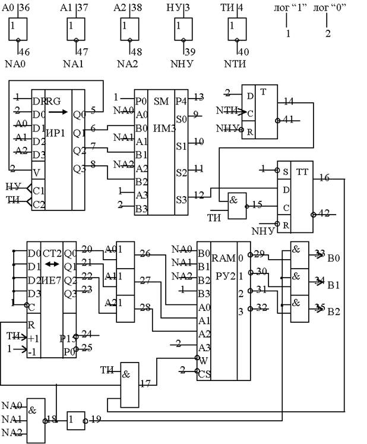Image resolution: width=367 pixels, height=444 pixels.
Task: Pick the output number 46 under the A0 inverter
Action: [x=25, y=52]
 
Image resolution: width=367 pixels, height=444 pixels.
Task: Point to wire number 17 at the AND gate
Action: [x=145, y=383]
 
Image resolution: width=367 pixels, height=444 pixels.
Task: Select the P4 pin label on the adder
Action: [x=182, y=97]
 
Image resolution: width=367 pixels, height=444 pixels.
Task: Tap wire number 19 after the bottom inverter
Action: [x=96, y=420]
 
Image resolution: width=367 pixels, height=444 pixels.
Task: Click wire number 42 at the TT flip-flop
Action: [x=324, y=213]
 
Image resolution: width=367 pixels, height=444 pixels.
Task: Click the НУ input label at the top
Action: [x=175, y=8]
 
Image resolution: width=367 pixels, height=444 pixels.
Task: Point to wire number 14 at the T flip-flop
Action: [x=289, y=101]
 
